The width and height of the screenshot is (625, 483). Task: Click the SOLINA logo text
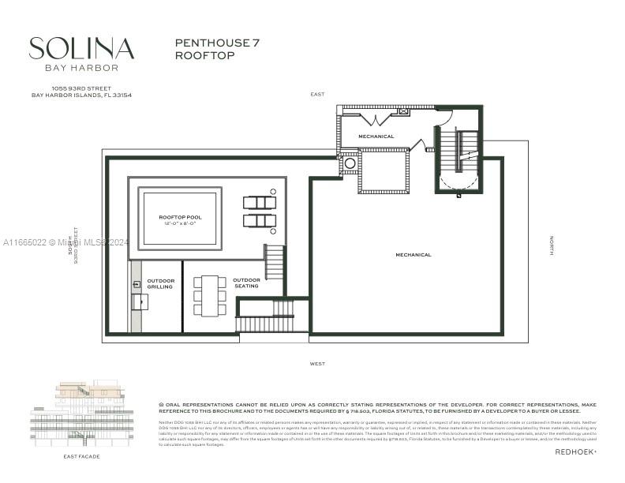click(81, 49)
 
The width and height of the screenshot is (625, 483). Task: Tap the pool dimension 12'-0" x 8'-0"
click(179, 223)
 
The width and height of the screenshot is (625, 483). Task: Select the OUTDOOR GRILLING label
click(159, 283)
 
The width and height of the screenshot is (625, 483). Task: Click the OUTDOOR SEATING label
click(246, 283)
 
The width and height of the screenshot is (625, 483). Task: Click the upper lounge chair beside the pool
click(260, 203)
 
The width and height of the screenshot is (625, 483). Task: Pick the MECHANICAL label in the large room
click(414, 255)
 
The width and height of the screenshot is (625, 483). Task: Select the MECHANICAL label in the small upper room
click(376, 137)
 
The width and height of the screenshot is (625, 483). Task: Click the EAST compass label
click(317, 95)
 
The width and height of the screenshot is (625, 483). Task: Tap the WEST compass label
click(317, 364)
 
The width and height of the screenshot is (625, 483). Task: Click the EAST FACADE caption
click(81, 456)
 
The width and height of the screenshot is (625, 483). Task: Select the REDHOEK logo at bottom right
click(575, 452)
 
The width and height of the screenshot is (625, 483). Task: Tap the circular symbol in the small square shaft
click(350, 164)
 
